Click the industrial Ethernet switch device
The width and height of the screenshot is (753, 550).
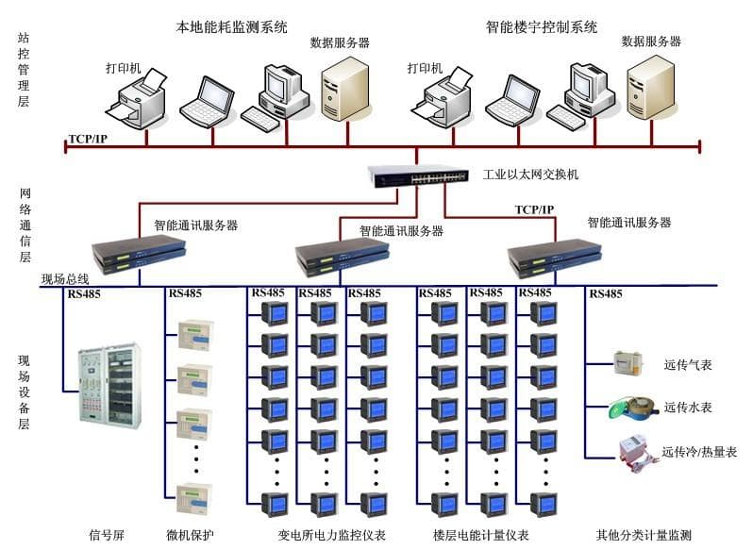coord(418,176)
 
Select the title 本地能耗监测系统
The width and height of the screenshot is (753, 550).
coord(231,26)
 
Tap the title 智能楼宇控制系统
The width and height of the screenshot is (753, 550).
coord(542,26)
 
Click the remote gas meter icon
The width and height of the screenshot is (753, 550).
coord(628,363)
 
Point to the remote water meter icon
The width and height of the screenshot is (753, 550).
coord(631,408)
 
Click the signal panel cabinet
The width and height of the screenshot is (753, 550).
coord(110,386)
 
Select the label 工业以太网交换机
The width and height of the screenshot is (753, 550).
coord(530,175)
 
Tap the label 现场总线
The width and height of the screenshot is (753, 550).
coord(65,279)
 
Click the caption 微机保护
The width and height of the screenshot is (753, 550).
coord(190,535)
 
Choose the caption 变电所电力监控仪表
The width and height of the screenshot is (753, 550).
coord(331,535)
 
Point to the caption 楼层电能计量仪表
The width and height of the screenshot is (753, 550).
coord(480,535)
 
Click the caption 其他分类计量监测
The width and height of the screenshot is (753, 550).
coord(644,535)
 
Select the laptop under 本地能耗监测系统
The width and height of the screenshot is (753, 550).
coord(207,102)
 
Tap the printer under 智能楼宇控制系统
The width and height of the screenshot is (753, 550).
coord(442,97)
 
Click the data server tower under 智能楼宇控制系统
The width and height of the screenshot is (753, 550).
coord(651,88)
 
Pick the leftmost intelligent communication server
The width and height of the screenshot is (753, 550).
coord(139,255)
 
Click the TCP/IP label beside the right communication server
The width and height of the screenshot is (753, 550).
coord(534,209)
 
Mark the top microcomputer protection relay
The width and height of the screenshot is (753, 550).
coord(195,335)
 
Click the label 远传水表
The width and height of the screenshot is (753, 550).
coord(688,408)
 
